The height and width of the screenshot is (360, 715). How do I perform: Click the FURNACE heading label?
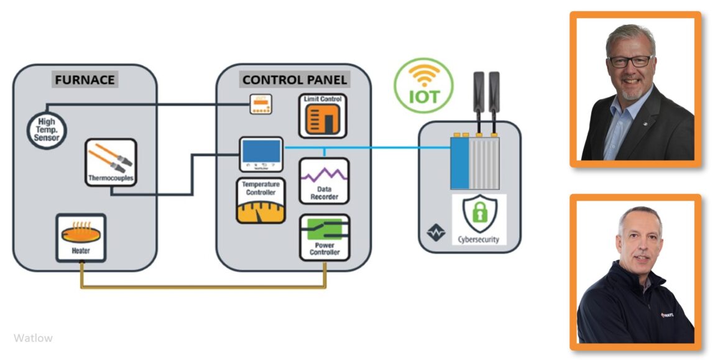tap(85, 80)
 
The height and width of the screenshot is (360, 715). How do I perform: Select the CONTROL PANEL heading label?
tap(295, 80)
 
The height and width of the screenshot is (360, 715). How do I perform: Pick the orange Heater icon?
tap(81, 237)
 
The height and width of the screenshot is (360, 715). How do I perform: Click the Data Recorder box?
tap(324, 180)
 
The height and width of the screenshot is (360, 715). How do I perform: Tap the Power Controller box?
tap(325, 237)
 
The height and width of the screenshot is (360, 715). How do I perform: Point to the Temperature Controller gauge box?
tap(261, 201)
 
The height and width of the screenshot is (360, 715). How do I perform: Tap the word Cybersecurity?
tap(478, 239)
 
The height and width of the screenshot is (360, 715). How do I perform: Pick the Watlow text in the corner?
tap(33, 338)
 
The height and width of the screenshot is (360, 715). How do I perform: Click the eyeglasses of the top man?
tap(630, 61)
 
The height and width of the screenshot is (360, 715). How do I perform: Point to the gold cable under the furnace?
tap(203, 287)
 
